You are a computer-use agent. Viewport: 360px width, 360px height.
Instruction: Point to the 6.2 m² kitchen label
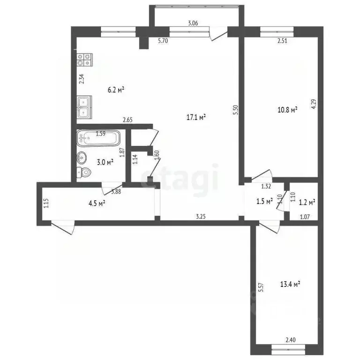coord(115,90)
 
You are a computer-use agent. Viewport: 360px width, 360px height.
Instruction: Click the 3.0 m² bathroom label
coord(105,162)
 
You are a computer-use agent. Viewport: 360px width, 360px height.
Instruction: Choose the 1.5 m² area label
coord(265,202)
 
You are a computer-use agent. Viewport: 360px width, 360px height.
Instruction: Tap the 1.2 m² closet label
coord(307,202)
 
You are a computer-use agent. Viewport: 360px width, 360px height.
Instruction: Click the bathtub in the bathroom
coord(99,137)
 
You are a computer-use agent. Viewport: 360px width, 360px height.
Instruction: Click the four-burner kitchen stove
coord(85,60)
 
